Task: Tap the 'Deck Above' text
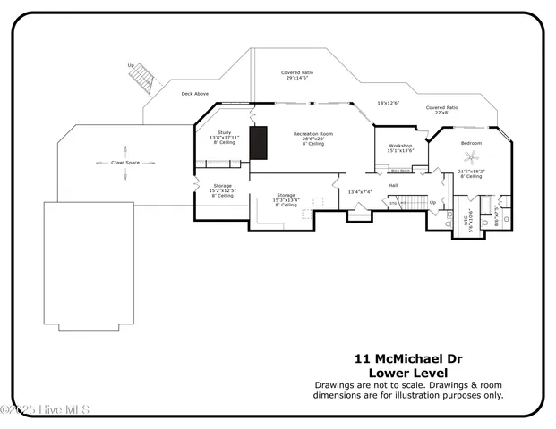[x=195, y=94]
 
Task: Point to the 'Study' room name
[x=225, y=132]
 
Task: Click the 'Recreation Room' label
[x=313, y=134]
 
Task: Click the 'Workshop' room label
[x=399, y=146]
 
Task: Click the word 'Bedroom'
[x=471, y=144]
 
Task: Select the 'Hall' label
[x=392, y=185]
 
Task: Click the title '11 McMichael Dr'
[x=408, y=357]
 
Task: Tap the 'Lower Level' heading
[x=408, y=372]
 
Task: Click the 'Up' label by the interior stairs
[x=433, y=202]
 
